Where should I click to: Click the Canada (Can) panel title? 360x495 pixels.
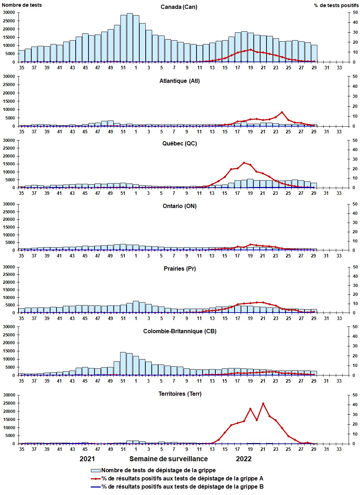click(179, 7)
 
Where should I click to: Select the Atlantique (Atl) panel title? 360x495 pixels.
click(179, 81)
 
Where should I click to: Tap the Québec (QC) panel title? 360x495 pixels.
click(179, 144)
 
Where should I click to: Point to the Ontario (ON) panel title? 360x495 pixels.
click(179, 206)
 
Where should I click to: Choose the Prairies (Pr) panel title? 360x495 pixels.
click(179, 269)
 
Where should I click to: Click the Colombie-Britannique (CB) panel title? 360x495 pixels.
click(179, 331)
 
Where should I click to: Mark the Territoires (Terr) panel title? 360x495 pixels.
click(179, 394)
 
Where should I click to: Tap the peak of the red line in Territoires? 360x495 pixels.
click(263, 404)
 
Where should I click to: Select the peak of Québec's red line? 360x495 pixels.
click(244, 163)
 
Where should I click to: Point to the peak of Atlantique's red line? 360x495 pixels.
click(282, 112)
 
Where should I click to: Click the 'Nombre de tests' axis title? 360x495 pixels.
click(22, 5)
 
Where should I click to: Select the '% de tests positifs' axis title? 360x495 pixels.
click(336, 5)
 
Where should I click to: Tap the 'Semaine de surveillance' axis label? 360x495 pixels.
click(168, 459)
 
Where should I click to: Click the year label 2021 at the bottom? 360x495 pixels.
click(87, 459)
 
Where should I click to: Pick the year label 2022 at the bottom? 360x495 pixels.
click(244, 459)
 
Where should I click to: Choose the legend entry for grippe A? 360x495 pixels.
click(182, 479)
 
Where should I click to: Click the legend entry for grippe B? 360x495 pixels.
click(182, 487)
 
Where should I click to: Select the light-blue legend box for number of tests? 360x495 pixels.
click(96, 470)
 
